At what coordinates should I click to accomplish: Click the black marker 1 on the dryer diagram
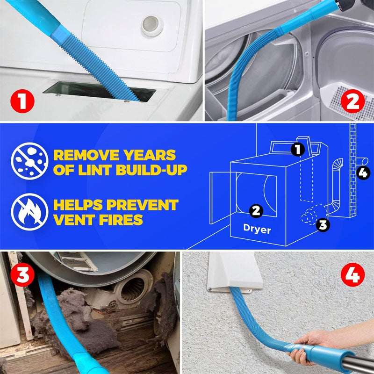pos(297,150)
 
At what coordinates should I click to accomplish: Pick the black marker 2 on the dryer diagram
pos(255,211)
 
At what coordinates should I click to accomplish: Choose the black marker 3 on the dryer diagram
pos(323,225)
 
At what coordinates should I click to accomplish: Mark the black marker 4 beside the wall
pos(363,173)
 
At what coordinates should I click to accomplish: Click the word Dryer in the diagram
pos(257,230)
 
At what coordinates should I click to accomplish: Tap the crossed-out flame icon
pos(29,212)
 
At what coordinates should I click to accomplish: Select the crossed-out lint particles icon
pos(29,161)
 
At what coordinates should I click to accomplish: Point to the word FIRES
pos(121,219)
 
